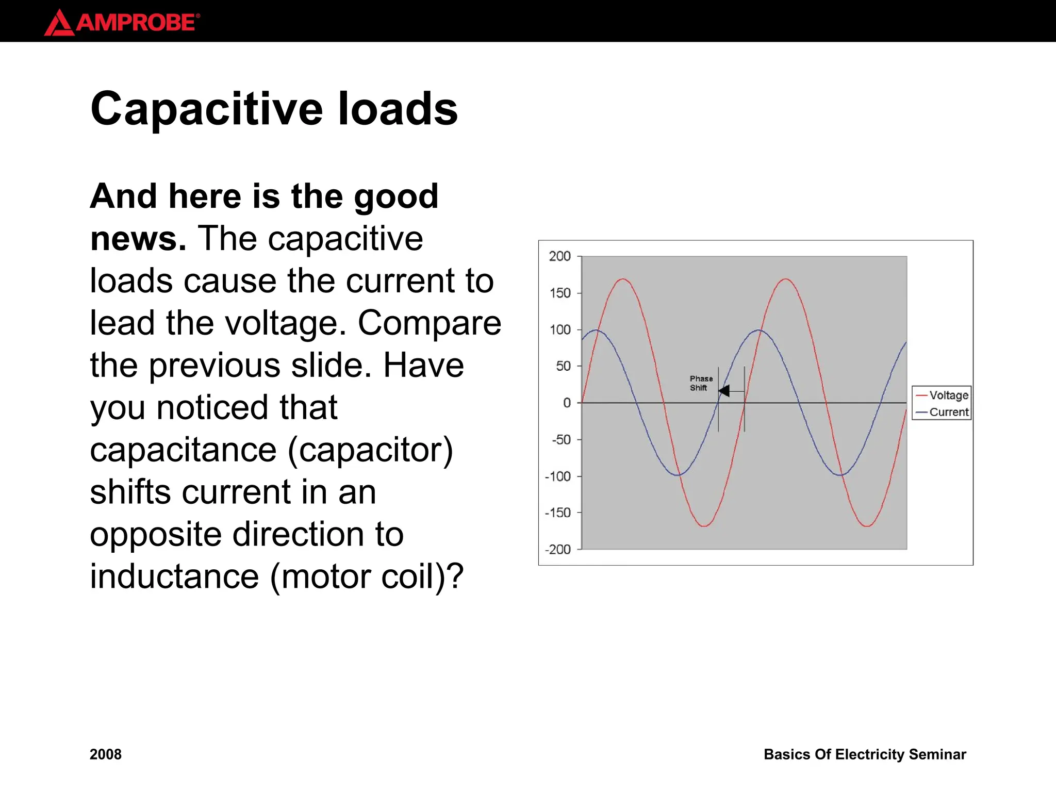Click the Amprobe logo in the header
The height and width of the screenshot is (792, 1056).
click(122, 23)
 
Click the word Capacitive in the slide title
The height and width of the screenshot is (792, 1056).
click(206, 109)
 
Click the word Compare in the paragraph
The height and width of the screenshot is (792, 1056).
click(429, 324)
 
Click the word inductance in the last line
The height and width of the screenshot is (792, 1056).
click(174, 576)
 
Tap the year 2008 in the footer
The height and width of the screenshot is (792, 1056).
click(106, 754)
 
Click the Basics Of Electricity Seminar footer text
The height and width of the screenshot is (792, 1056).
click(864, 754)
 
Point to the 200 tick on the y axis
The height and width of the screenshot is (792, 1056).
click(559, 256)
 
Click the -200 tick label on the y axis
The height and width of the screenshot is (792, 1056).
click(558, 550)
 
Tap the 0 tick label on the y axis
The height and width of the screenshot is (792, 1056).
click(567, 403)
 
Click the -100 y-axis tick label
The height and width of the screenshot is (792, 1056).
click(558, 476)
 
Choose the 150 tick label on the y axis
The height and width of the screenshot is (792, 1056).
click(560, 293)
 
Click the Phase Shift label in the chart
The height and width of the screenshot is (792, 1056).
click(701, 383)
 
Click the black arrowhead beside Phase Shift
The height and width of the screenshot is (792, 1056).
click(724, 391)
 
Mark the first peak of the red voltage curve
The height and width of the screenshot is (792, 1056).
click(623, 279)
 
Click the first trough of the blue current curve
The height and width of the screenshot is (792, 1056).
click(678, 475)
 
